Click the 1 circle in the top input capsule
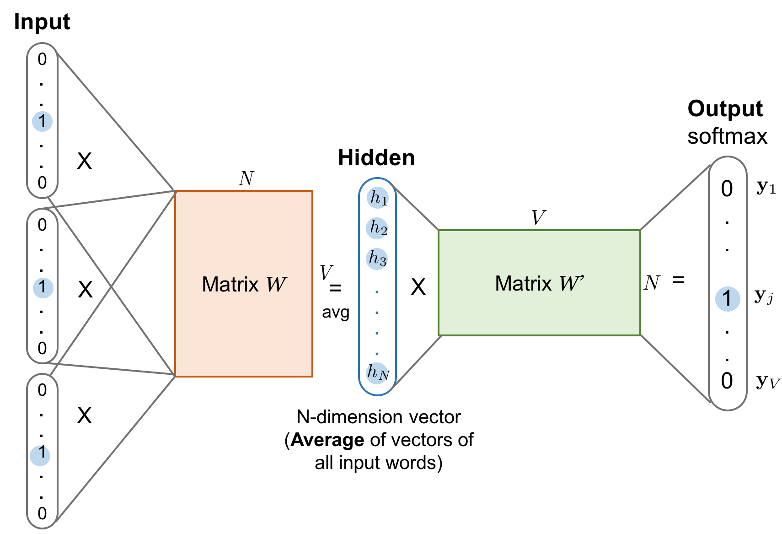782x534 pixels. point(42,121)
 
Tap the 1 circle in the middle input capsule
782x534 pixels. point(43,288)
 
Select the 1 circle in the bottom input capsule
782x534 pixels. point(40,455)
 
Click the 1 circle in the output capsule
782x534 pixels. point(728,299)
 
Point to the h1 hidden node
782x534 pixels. point(378,198)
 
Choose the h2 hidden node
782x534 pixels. point(377,228)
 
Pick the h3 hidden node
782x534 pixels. point(377,259)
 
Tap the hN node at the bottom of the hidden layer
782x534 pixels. point(377,373)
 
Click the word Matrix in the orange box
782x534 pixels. point(230,284)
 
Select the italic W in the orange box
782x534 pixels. point(276,284)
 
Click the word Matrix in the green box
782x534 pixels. point(523,283)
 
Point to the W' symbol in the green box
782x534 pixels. point(572,283)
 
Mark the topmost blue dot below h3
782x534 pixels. point(377,291)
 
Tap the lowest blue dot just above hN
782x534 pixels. point(377,353)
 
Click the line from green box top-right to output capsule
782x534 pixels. point(675,198)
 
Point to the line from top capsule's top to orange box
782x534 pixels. point(115,122)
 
